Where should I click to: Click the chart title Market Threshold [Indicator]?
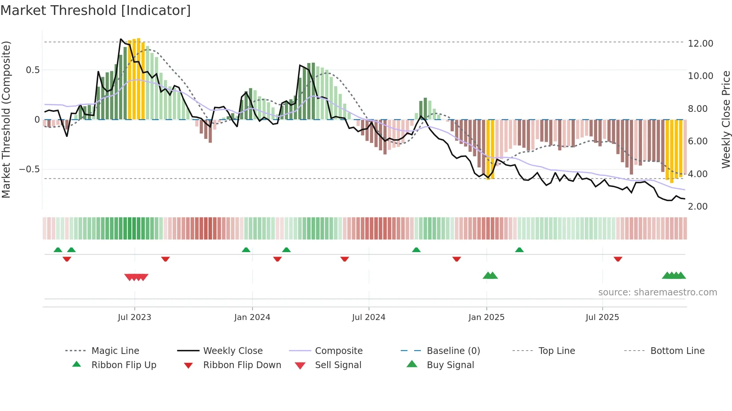[96, 10]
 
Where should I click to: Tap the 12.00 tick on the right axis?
[700, 44]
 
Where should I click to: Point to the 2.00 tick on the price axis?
[697, 207]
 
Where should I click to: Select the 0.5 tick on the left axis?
[32, 70]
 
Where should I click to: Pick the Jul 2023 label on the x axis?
[134, 317]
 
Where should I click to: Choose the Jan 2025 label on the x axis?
[486, 317]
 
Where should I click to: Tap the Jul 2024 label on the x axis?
[369, 317]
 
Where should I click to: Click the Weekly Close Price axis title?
[726, 119]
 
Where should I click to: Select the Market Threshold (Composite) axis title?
[6, 119]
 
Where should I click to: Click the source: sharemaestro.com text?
[657, 292]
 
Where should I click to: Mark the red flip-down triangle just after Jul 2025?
[618, 259]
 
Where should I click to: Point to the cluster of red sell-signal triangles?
[136, 277]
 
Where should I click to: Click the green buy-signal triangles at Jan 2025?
[490, 276]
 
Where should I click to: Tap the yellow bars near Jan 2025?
[490, 149]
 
